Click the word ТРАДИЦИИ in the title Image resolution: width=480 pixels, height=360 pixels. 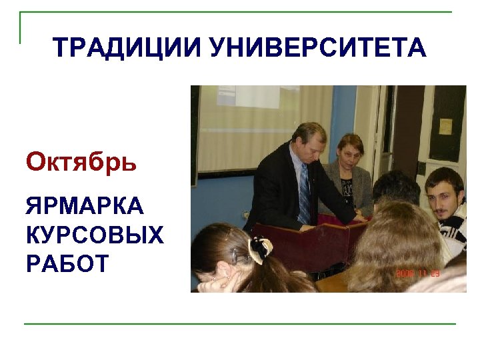point(127,48)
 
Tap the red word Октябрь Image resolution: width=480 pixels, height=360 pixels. point(81,162)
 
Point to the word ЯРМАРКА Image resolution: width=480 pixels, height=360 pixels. point(85,207)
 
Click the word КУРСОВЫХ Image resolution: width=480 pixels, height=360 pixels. point(94,235)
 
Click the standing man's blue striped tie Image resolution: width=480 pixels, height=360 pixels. point(305,193)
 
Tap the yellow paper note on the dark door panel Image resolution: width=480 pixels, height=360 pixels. point(445,126)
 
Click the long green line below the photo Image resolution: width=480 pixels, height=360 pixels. point(240,324)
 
